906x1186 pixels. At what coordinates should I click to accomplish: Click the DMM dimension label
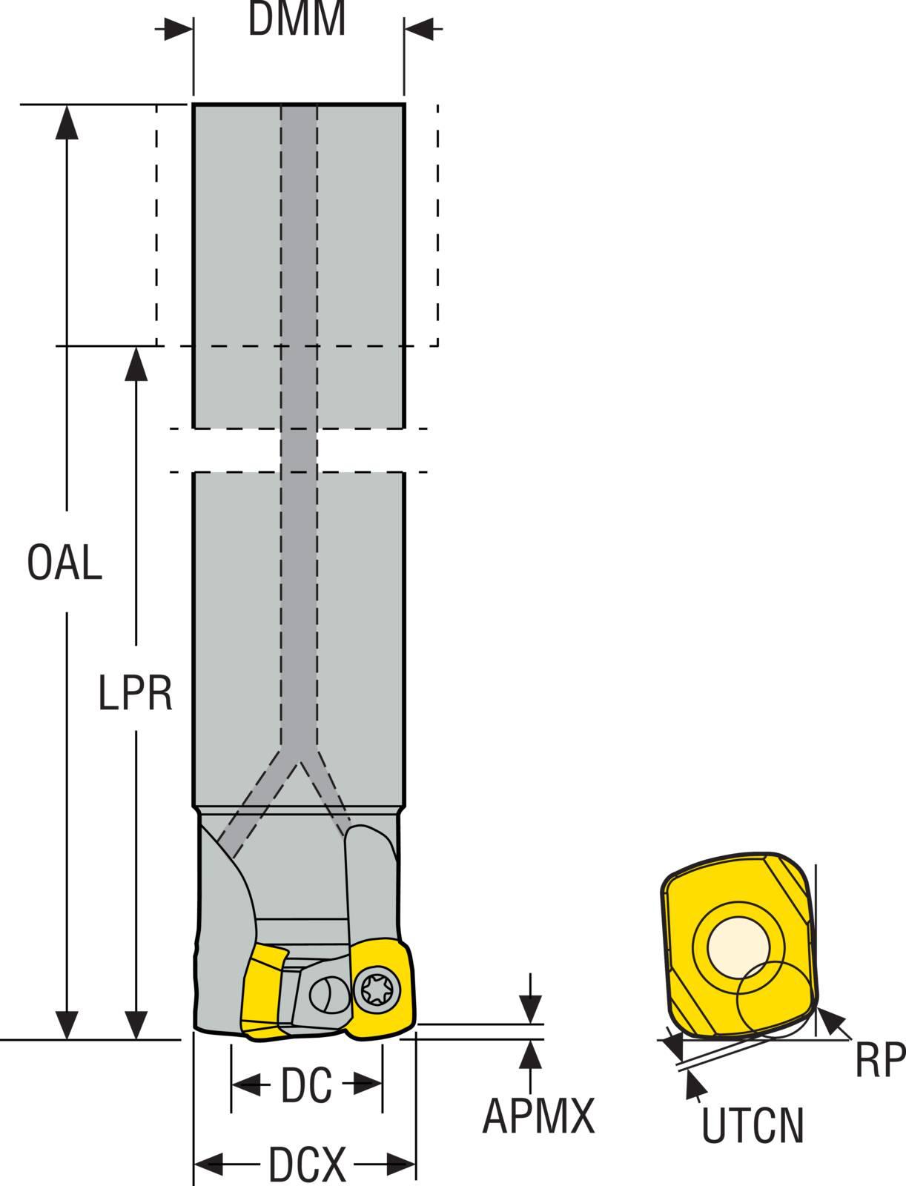[x=297, y=20]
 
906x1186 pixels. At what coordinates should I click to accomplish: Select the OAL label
[x=65, y=563]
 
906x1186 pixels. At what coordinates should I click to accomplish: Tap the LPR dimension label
[x=135, y=694]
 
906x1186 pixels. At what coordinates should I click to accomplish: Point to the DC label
[x=306, y=1085]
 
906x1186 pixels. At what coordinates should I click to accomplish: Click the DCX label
[x=306, y=1165]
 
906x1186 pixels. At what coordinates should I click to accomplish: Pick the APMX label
[x=538, y=1116]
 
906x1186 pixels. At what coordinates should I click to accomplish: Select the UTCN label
[x=752, y=1125]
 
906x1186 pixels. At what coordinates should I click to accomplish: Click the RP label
[x=879, y=1060]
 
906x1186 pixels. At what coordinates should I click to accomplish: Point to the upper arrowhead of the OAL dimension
[x=67, y=121]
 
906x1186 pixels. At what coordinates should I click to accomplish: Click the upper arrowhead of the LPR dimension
[x=135, y=362]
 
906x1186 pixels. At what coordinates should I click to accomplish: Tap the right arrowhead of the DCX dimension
[x=400, y=1164]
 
